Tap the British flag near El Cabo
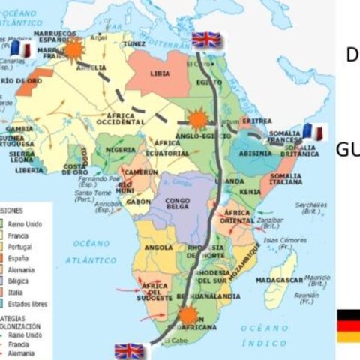(129, 350)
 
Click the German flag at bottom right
(348, 325)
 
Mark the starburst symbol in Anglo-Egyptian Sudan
(196, 119)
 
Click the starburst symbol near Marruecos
(73, 49)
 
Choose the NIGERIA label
(121, 150)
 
